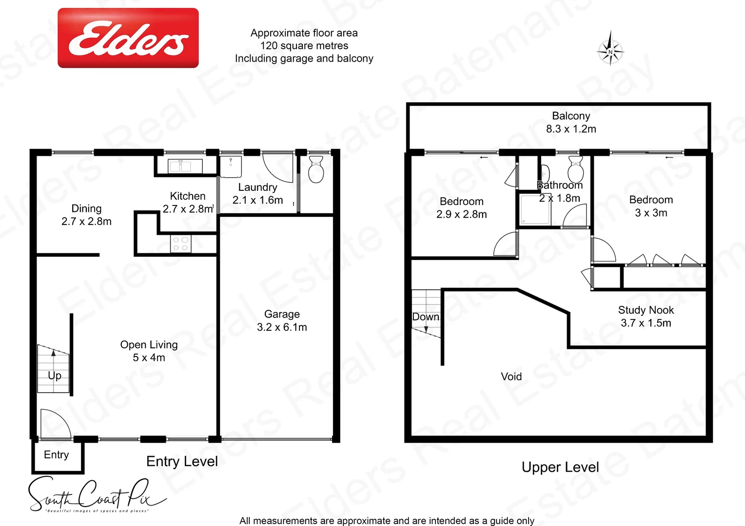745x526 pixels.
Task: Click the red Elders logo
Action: click(128, 38)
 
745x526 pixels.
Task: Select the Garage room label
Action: click(282, 314)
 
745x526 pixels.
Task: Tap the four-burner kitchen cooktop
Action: click(180, 244)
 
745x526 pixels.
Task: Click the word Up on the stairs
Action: click(55, 376)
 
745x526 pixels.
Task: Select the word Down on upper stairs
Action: click(426, 317)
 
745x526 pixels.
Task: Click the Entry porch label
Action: click(57, 455)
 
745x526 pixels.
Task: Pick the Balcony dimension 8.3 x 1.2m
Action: click(571, 129)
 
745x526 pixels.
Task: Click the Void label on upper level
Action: click(511, 376)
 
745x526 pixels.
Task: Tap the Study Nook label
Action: click(646, 310)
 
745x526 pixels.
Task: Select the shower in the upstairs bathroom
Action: click(534, 210)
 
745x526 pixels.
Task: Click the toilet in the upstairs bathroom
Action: click(576, 169)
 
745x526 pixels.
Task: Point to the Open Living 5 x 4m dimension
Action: click(149, 357)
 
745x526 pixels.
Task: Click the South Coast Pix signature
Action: click(93, 495)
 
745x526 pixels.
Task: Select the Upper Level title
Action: click(560, 467)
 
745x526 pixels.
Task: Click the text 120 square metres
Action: click(304, 46)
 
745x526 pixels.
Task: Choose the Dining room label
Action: click(86, 208)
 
